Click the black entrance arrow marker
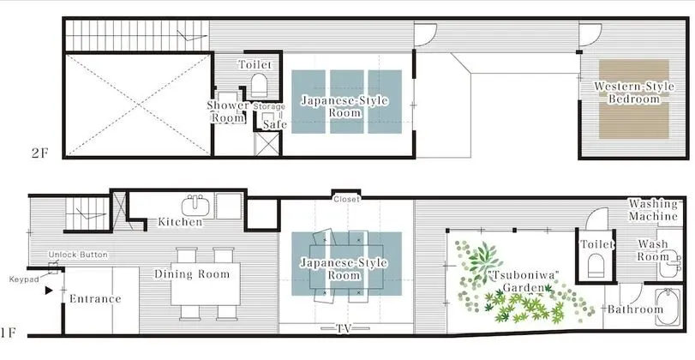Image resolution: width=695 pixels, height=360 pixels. [x=49, y=291]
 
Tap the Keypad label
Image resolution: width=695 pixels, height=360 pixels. [x=22, y=279]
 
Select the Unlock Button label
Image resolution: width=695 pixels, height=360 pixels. [x=78, y=255]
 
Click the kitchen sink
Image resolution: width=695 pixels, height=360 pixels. [x=195, y=207]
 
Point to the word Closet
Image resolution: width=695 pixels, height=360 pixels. [x=346, y=200]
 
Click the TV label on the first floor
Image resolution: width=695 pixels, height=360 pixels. [x=346, y=328]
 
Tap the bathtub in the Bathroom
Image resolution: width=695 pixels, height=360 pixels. [x=667, y=307]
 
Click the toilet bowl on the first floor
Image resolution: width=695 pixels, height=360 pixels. [x=596, y=265]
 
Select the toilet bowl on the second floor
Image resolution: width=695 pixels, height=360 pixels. [x=260, y=85]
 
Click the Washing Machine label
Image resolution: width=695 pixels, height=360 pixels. [x=653, y=210]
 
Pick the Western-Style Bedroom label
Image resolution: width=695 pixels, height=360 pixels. [x=634, y=93]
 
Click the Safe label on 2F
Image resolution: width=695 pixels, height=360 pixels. [x=275, y=125]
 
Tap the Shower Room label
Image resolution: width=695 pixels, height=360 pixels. [x=228, y=111]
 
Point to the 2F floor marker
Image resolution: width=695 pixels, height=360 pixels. [x=39, y=153]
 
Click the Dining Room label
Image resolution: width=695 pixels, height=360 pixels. [x=192, y=274]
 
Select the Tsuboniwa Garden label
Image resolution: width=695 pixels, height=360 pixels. [x=524, y=281]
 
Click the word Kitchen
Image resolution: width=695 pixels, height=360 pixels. [x=181, y=222]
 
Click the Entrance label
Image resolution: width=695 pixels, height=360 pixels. [x=95, y=299]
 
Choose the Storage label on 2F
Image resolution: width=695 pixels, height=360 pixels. [x=269, y=107]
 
